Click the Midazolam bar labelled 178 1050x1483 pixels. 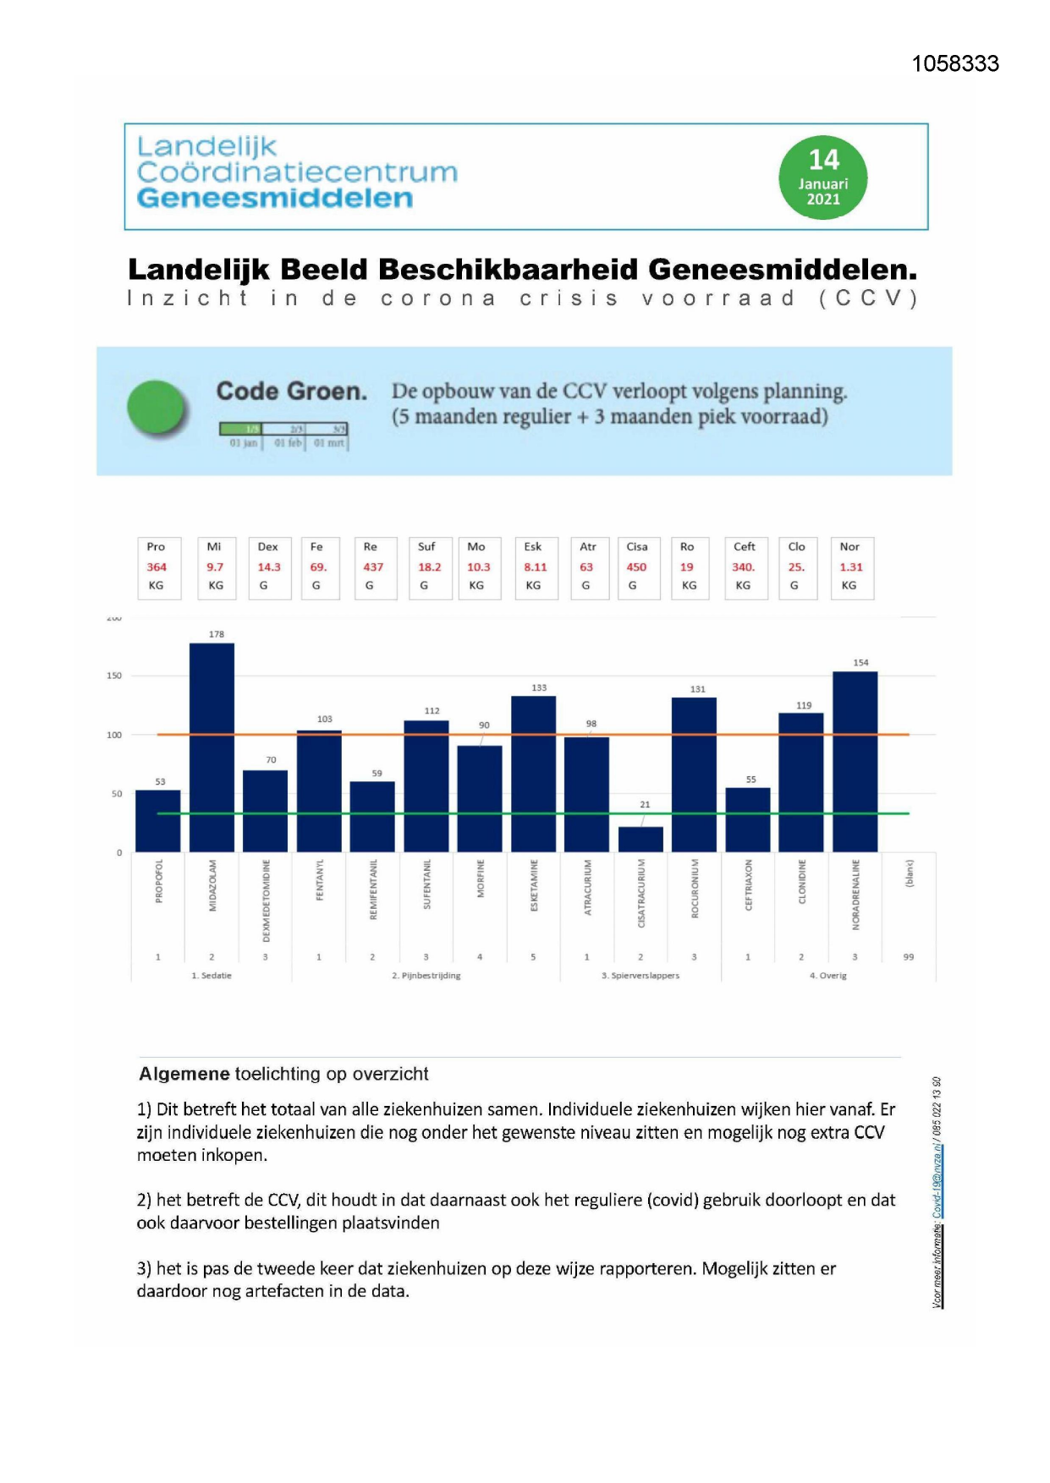[212, 747]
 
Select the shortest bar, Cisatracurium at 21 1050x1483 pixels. [640, 839]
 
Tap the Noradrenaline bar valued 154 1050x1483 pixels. [855, 761]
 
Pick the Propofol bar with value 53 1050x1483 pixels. [158, 821]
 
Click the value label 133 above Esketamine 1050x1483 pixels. [539, 687]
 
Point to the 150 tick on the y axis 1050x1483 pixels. [114, 676]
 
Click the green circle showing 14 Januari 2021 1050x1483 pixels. [822, 178]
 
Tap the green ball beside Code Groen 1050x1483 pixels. [157, 408]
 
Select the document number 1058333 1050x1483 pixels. [955, 63]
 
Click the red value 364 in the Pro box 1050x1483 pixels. [157, 567]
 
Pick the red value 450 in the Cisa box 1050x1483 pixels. [636, 567]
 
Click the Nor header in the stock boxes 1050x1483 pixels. [849, 547]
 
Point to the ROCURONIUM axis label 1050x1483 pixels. [695, 888]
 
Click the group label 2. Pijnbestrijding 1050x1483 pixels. [426, 975]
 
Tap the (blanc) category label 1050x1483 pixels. [910, 873]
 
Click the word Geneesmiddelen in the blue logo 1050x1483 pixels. [275, 199]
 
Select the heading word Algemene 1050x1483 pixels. [184, 1074]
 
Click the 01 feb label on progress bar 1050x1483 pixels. [288, 443]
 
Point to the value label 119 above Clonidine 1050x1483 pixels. [804, 705]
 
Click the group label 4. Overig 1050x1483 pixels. [827, 975]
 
